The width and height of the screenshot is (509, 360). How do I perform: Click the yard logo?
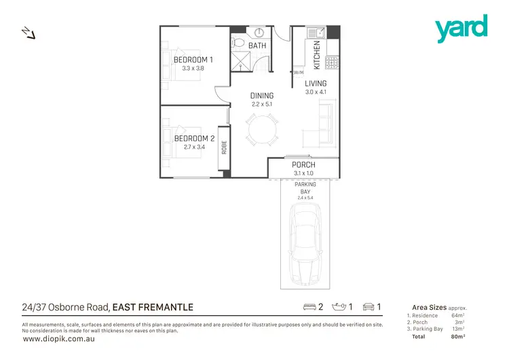(x=461, y=28)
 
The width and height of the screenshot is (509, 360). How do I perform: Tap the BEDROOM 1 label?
(x=193, y=60)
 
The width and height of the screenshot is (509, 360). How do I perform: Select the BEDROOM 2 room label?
(x=194, y=139)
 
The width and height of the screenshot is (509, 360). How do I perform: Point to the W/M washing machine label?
(x=299, y=72)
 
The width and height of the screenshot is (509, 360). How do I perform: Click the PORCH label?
(x=303, y=165)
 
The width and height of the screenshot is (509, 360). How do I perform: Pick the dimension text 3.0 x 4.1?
(x=316, y=92)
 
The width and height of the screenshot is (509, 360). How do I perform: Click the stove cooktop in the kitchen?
(x=333, y=63)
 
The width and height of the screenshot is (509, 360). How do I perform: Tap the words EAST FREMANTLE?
(x=153, y=307)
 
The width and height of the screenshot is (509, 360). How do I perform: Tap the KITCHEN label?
(x=316, y=55)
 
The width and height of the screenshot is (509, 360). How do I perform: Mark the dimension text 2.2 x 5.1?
(x=261, y=104)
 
